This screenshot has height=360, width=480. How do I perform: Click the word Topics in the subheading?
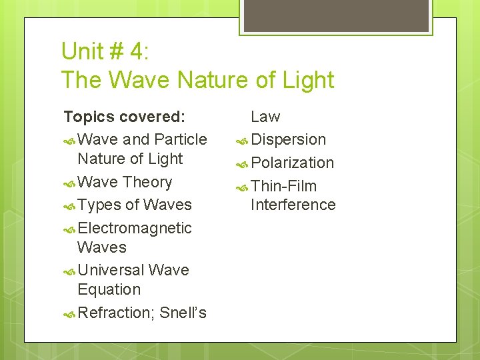tap(89, 117)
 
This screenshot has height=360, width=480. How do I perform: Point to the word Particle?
tap(180, 139)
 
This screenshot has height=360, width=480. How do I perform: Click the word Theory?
tap(147, 182)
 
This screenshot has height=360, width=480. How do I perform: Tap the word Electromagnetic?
tap(135, 228)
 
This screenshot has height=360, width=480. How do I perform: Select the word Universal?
tap(111, 270)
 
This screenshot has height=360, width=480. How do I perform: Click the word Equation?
tap(109, 289)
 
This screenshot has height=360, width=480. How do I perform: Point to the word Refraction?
tap(115, 312)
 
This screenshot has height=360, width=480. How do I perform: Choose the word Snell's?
tap(183, 312)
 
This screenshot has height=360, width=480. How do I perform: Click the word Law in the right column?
tap(265, 117)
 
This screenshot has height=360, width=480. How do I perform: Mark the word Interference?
tap(293, 205)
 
